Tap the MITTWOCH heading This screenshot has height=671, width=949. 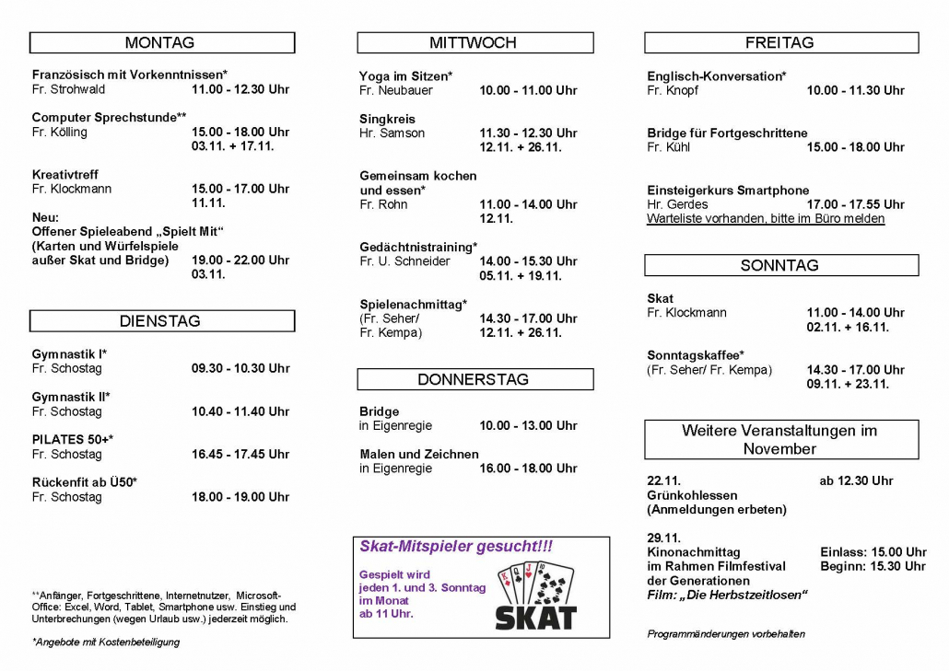point(474,42)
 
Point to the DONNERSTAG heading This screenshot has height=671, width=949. point(474,379)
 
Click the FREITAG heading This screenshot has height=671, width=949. point(779,42)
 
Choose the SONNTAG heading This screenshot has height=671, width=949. point(779,265)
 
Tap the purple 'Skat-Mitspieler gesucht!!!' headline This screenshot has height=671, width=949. point(456,547)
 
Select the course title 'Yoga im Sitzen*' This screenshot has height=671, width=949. point(405,75)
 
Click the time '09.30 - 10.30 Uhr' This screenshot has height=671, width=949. point(240,368)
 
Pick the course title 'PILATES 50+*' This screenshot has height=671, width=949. point(73,439)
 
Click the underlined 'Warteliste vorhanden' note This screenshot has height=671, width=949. point(765,219)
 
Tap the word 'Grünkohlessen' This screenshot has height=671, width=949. point(692,495)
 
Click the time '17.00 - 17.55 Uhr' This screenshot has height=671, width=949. point(855,204)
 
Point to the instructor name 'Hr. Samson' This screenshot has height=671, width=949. point(392,133)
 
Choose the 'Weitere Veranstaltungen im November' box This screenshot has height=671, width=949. point(779,439)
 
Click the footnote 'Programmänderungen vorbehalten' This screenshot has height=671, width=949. point(726,633)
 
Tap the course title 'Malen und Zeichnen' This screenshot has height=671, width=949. point(419,454)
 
